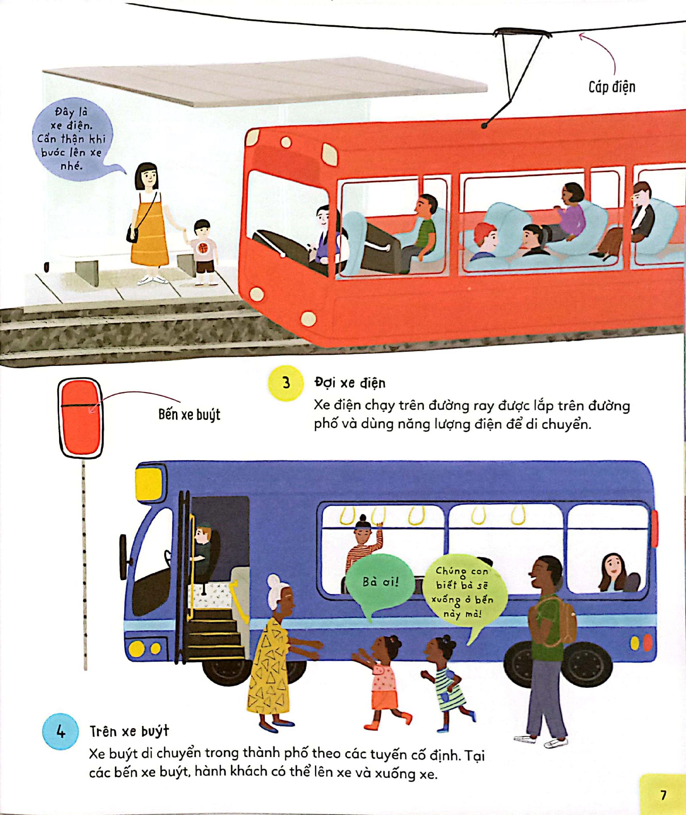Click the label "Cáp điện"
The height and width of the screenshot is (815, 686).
pos(612,87)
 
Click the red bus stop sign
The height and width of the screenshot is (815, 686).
pos(80,418)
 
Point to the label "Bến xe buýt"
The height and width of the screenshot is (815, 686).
pos(189,414)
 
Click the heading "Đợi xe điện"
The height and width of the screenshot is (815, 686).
pos(350,383)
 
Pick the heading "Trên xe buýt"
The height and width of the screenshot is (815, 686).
pos(129,731)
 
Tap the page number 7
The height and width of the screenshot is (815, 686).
pos(664,795)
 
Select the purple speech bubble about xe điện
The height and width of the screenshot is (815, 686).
pos(72,139)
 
